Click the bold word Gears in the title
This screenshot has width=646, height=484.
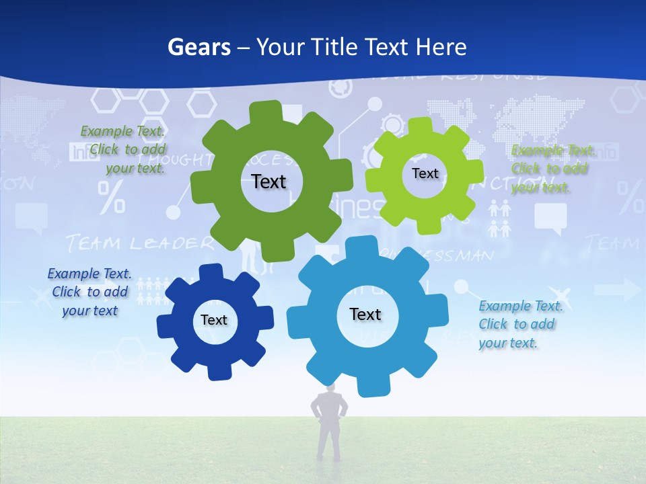[x=199, y=47]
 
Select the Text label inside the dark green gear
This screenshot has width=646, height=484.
[x=269, y=182]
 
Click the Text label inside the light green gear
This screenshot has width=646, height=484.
[x=425, y=173]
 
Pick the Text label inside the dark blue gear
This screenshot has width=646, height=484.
[x=214, y=320]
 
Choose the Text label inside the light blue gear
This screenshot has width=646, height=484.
[x=365, y=314]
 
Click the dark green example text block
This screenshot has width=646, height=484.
[x=123, y=150]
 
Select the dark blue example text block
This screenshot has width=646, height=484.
[x=89, y=292]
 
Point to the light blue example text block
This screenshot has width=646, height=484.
[x=520, y=324]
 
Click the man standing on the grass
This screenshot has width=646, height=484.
[x=329, y=424]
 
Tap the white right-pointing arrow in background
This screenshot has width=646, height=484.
[x=625, y=290]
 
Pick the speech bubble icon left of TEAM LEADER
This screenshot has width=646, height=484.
[x=31, y=217]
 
